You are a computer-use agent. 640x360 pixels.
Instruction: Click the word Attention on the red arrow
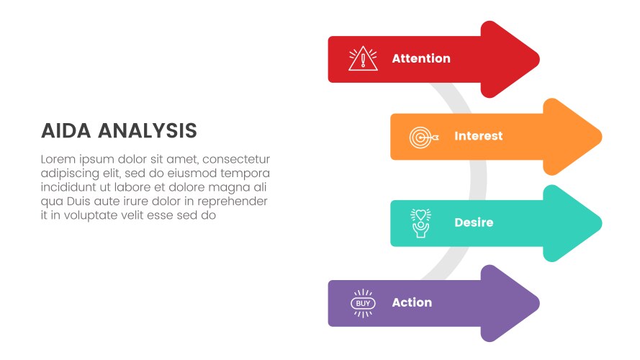pyautogui.click(x=421, y=58)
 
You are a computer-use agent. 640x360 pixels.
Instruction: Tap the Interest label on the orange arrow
pyautogui.click(x=478, y=136)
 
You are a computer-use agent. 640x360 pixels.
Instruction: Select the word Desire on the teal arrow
pyautogui.click(x=474, y=222)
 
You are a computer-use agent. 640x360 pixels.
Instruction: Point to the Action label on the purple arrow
pyautogui.click(x=412, y=302)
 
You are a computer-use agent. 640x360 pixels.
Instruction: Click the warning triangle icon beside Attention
pyautogui.click(x=363, y=59)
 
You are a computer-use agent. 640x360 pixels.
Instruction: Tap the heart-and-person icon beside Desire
pyautogui.click(x=420, y=223)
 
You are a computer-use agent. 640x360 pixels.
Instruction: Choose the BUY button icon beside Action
pyautogui.click(x=363, y=303)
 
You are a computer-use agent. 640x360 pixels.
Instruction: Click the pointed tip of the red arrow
pyautogui.click(x=538, y=59)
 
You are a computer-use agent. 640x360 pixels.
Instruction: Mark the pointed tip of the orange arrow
pyautogui.click(x=601, y=137)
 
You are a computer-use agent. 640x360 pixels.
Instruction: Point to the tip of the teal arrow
pyautogui.click(x=601, y=223)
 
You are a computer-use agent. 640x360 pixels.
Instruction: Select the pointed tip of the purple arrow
pyautogui.click(x=538, y=303)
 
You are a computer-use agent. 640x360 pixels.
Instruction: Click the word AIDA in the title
pyautogui.click(x=66, y=131)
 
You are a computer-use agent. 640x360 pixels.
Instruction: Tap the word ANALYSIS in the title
pyautogui.click(x=148, y=131)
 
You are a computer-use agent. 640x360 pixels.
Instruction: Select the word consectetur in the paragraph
pyautogui.click(x=236, y=159)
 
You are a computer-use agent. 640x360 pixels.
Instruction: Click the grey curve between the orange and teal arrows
pyautogui.click(x=478, y=179)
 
